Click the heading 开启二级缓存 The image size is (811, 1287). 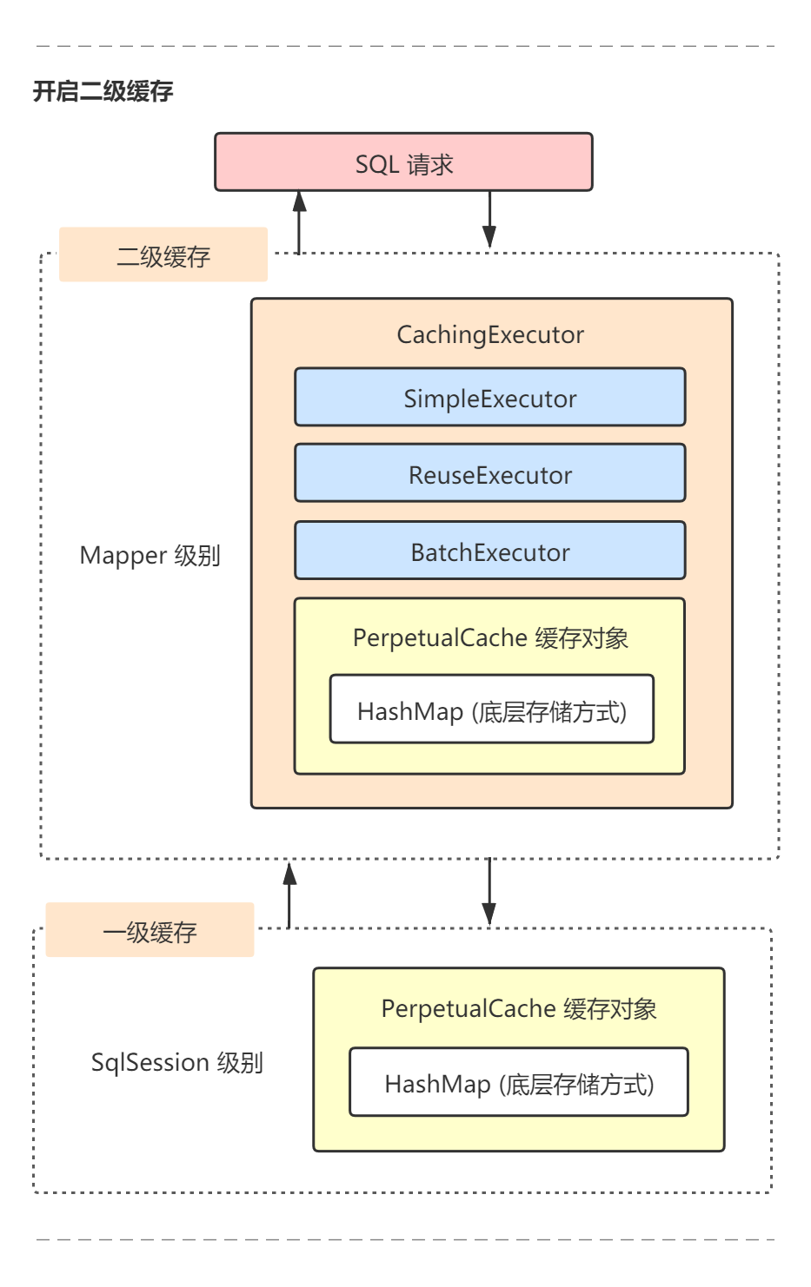(103, 91)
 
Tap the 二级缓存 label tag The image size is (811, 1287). (163, 255)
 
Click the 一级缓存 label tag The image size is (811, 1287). (150, 931)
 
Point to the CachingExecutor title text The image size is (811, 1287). (490, 334)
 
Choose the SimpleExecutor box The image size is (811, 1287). (490, 398)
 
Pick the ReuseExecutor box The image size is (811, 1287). (490, 474)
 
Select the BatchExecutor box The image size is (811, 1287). (490, 551)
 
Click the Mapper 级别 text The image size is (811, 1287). (150, 555)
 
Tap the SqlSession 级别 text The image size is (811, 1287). (176, 1062)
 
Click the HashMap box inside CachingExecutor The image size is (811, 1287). (491, 710)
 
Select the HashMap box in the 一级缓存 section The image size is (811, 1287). (519, 1083)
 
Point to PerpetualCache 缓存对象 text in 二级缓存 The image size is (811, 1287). (490, 637)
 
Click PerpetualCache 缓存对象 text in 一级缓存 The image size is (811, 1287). (519, 1008)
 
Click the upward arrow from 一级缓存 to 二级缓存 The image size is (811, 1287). (289, 894)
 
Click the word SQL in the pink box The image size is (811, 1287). (376, 164)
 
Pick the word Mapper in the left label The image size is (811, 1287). (123, 556)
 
